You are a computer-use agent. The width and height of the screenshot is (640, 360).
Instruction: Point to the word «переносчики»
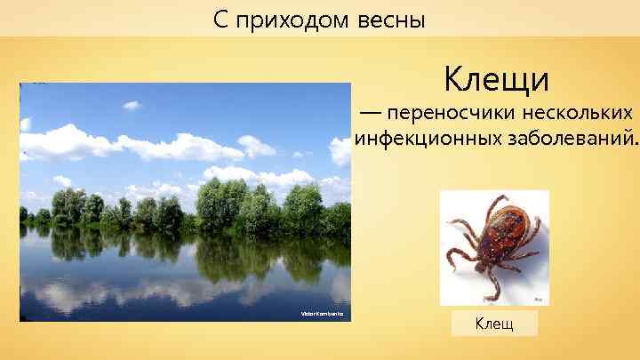coord(441,115)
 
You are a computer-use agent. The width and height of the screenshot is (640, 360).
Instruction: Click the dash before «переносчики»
coord(368,116)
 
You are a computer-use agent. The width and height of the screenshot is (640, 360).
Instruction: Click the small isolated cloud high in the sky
coord(132,105)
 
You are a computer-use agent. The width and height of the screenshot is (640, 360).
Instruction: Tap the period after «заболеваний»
coord(636,144)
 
